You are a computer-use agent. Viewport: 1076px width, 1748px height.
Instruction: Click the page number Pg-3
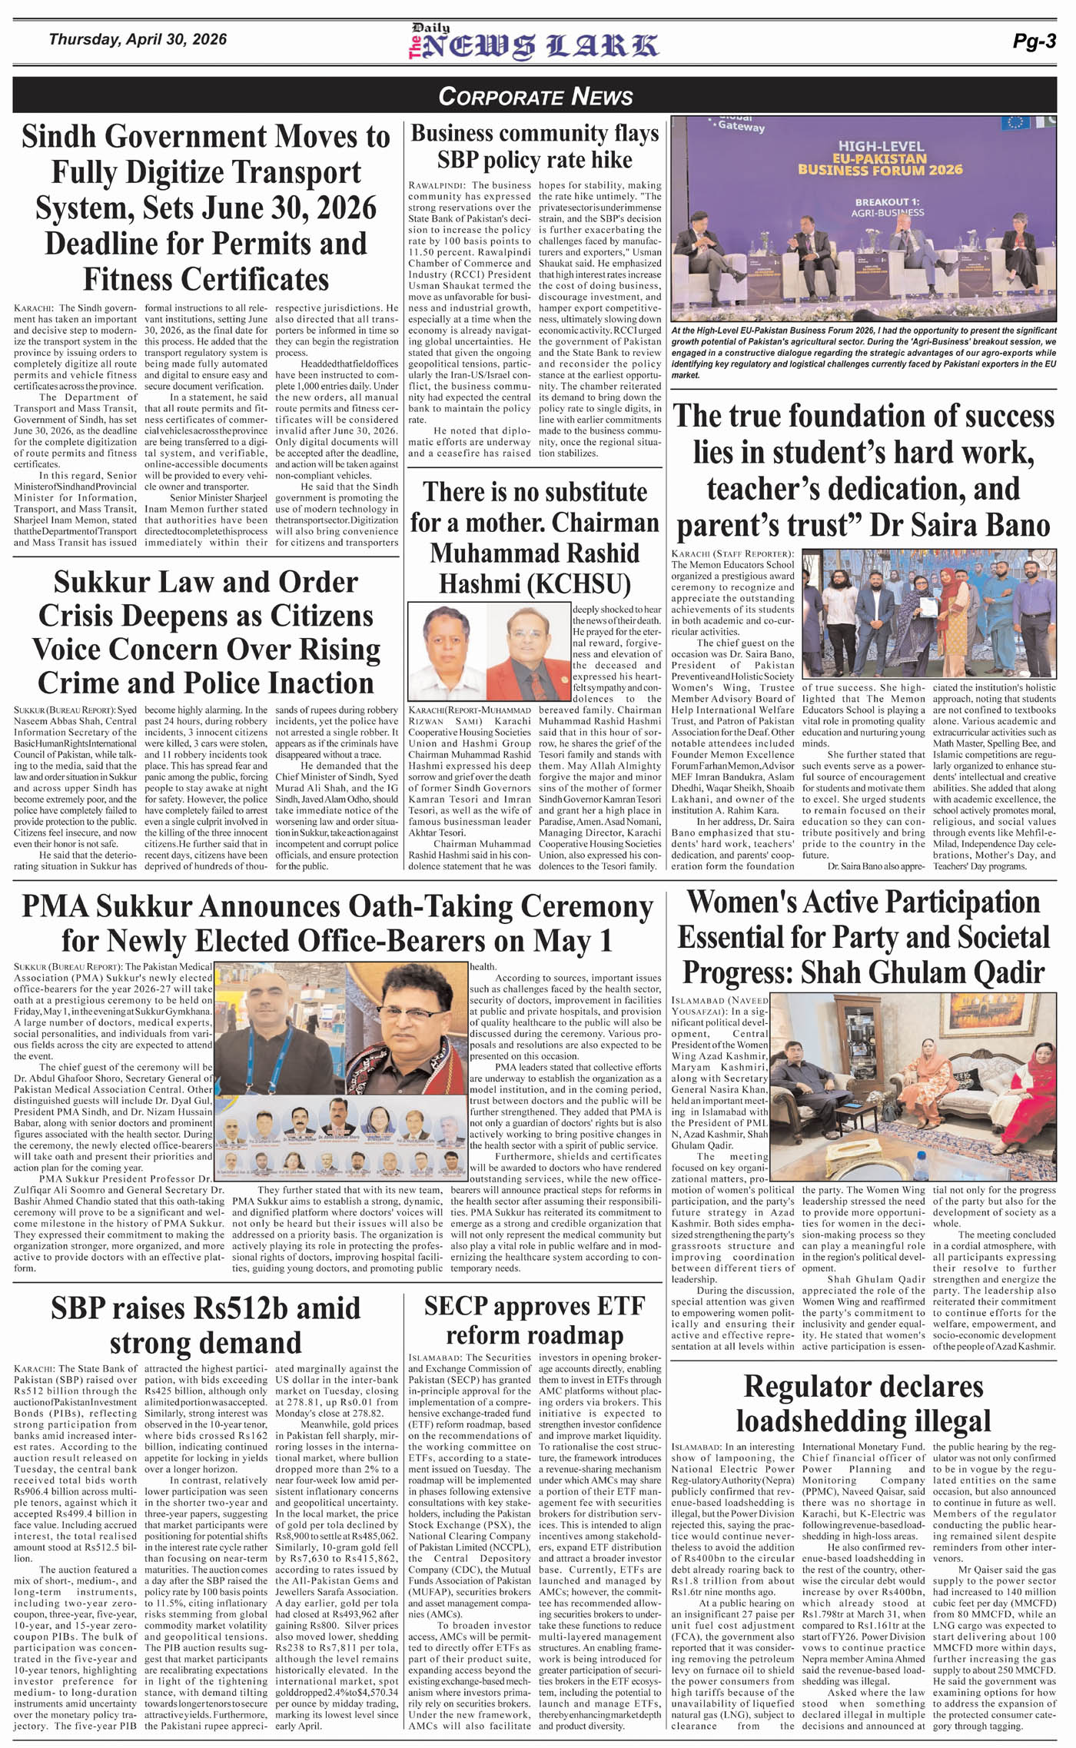pyautogui.click(x=1034, y=42)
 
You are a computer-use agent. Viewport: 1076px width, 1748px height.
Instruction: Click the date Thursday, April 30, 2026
pyautogui.click(x=138, y=39)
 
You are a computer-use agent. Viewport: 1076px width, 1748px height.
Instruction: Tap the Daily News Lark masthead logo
pyautogui.click(x=533, y=43)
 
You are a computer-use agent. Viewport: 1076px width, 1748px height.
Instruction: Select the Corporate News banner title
pyautogui.click(x=535, y=96)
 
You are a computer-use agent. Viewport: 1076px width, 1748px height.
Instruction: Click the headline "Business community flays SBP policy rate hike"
pyautogui.click(x=535, y=146)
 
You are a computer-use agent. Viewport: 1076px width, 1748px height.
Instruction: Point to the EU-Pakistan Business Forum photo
pyautogui.click(x=864, y=218)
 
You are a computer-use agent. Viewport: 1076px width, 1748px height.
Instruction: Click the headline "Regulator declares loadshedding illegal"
pyautogui.click(x=863, y=1403)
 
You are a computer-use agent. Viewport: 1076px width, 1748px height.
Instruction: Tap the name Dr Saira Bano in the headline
pyautogui.click(x=960, y=525)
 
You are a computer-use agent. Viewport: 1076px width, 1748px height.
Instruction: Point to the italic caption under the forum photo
pyautogui.click(x=863, y=353)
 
